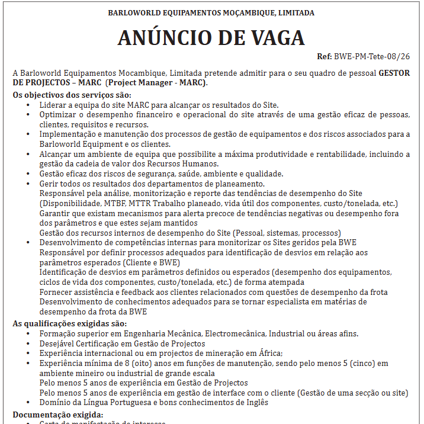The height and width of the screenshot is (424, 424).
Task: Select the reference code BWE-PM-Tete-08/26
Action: pos(372,57)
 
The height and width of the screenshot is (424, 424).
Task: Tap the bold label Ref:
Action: pos(325,57)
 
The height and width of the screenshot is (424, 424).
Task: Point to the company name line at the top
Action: pos(211,12)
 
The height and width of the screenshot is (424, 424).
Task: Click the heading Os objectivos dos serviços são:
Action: pos(72,95)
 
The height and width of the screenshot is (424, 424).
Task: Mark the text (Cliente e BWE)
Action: pos(151,262)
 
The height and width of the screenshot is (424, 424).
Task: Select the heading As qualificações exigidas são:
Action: pos(69,323)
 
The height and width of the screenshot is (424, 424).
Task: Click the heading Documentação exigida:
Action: pos(58,415)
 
